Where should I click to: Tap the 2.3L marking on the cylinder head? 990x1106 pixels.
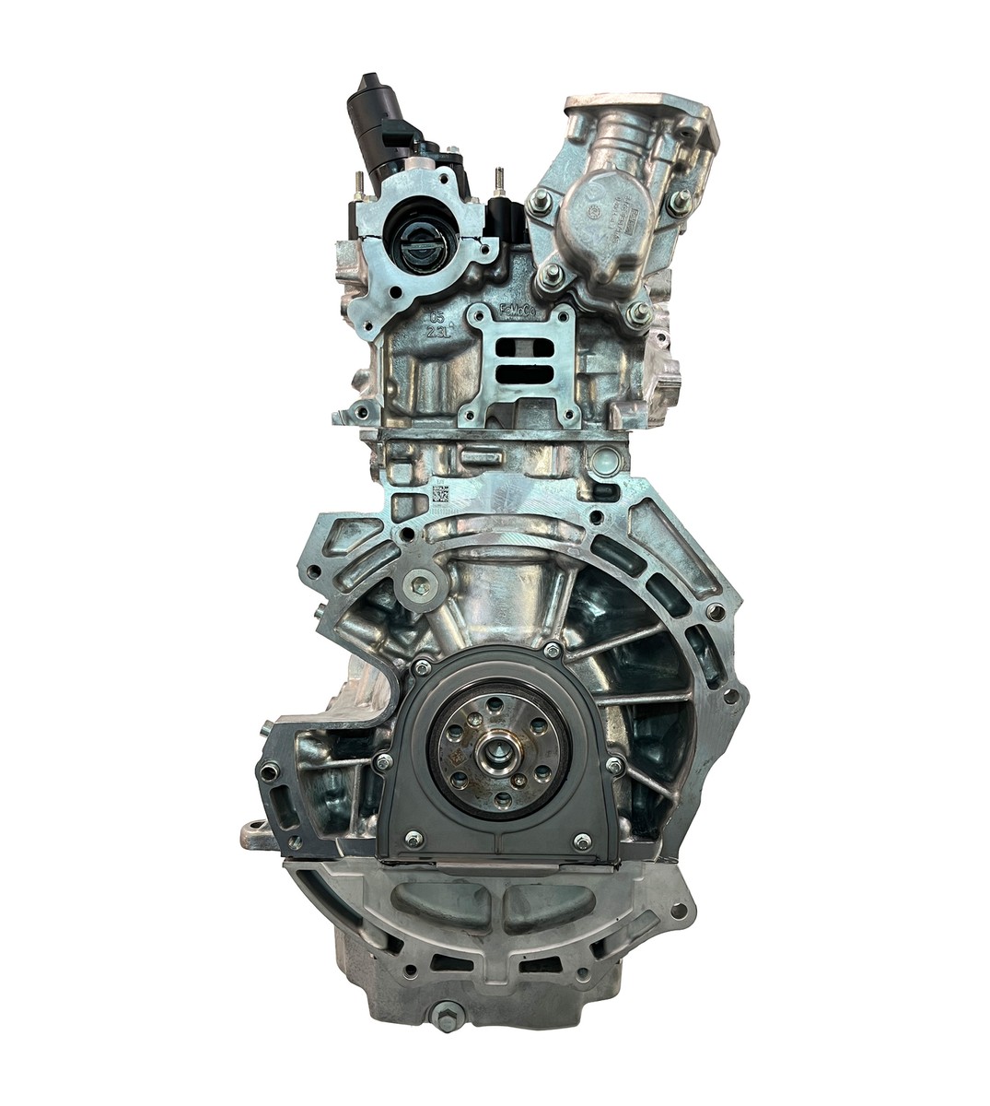[x=437, y=331]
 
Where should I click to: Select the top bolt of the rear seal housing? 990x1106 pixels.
[x=552, y=650]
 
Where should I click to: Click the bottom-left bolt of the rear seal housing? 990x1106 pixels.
[x=413, y=838]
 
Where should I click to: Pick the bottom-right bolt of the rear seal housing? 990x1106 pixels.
[x=581, y=841]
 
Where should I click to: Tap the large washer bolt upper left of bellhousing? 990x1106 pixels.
[x=422, y=582]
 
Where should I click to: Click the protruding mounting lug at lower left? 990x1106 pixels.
[x=258, y=834]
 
